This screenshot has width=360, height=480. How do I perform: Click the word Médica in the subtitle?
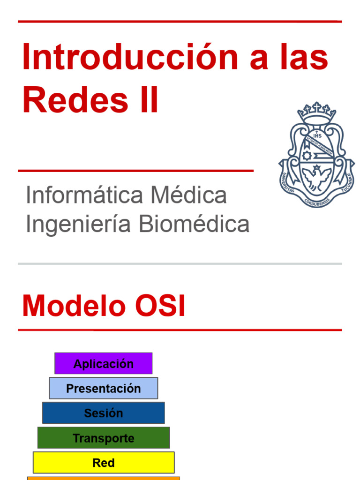pos(188,195)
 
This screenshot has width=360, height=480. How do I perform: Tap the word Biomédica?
pos(194,224)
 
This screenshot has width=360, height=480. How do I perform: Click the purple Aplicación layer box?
pos(104,364)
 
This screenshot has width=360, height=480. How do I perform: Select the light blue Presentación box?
pos(104,389)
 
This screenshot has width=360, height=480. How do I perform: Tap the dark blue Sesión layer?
pos(104,413)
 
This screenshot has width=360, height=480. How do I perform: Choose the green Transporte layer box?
pos(104,438)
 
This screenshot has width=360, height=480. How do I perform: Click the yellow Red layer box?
pos(104,463)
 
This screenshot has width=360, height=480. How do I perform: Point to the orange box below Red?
pos(104,478)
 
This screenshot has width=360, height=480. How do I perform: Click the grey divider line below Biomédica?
pos(180,264)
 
